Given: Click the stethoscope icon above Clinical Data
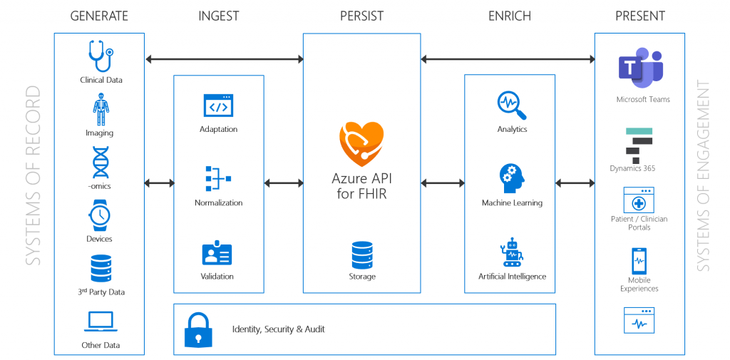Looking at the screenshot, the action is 100,57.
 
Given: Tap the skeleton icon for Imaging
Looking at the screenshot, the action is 101,109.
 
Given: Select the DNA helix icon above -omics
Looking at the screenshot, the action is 101,163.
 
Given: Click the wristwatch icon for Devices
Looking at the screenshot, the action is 100,215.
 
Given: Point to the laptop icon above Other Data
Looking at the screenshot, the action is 101,322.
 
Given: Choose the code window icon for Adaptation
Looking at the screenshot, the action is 218,106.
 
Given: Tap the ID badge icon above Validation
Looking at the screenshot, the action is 217,253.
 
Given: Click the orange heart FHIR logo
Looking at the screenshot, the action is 361,143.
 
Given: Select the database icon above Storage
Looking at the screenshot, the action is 362,254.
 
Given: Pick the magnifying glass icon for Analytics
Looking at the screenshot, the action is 512,106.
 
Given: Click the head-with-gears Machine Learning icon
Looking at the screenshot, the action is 512,179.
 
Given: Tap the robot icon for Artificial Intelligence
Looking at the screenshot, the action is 512,252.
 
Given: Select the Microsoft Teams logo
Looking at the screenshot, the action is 641,68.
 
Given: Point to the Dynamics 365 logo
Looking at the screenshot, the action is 639,146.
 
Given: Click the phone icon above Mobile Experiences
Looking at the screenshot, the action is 639,262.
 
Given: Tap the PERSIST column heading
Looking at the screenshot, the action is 361,16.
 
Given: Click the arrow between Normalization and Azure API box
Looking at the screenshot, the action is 284,183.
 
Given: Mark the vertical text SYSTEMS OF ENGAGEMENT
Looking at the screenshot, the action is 704,176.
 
